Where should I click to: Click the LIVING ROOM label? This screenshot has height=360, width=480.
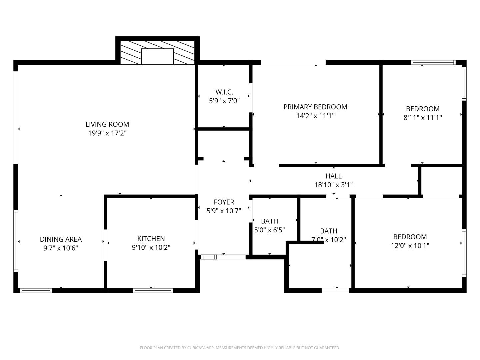click(107, 124)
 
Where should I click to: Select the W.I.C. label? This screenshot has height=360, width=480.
click(224, 92)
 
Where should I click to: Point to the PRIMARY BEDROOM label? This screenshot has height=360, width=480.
click(315, 107)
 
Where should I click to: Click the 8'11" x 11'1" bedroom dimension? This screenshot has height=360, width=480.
click(423, 118)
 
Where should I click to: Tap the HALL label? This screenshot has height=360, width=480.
click(333, 176)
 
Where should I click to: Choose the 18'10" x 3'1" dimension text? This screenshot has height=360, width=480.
click(333, 185)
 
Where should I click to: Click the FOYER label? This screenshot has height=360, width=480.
click(224, 202)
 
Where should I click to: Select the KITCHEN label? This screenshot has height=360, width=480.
click(151, 239)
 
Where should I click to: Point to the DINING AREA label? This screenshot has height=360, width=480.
click(61, 239)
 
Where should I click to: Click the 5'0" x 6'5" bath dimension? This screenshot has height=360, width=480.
click(269, 230)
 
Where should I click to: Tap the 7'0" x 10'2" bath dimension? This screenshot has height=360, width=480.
click(328, 240)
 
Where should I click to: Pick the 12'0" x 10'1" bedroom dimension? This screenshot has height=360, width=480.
click(410, 246)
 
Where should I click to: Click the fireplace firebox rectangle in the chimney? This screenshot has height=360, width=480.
click(157, 56)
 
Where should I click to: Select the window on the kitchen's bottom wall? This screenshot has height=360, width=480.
click(153, 290)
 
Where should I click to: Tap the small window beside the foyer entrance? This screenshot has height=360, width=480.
click(209, 257)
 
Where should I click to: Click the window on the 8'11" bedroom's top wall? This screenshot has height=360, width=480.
click(433, 62)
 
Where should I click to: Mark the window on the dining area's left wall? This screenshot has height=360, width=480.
click(16, 241)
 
